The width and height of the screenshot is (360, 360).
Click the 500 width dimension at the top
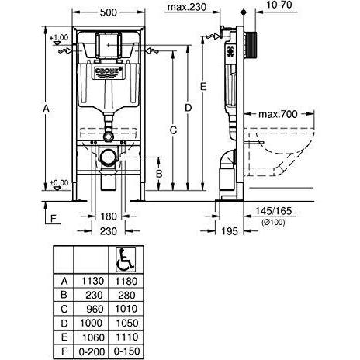(x=109, y=12)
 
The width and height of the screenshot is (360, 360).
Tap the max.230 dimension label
(x=187, y=7)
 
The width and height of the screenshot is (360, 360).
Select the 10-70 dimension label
(x=279, y=5)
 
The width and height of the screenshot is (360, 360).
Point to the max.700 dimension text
(x=278, y=114)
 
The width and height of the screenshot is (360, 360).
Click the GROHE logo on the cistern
(x=109, y=71)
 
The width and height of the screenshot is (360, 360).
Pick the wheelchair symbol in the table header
(x=126, y=260)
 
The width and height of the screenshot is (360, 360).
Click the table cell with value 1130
(x=92, y=281)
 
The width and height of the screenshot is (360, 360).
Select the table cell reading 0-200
(x=92, y=351)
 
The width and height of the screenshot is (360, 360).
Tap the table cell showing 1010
(x=126, y=309)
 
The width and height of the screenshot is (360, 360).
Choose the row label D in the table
(x=64, y=324)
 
